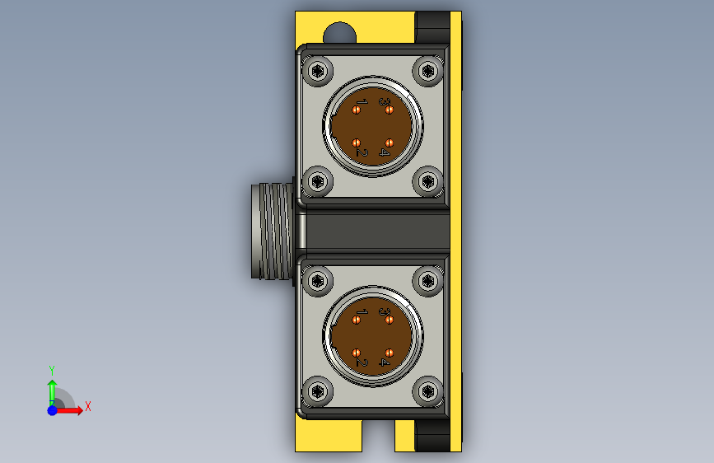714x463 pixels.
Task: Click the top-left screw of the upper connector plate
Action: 317,71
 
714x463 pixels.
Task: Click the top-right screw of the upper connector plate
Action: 427,71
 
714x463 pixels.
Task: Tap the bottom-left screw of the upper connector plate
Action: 317,182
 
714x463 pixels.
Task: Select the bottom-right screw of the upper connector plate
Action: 427,182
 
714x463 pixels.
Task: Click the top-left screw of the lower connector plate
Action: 317,281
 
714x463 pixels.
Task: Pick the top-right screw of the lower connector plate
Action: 427,281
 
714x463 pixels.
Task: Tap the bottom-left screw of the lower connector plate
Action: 317,391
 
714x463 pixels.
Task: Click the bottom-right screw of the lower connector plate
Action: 427,391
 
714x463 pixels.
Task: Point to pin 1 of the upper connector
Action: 357,110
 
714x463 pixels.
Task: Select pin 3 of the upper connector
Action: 390,110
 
